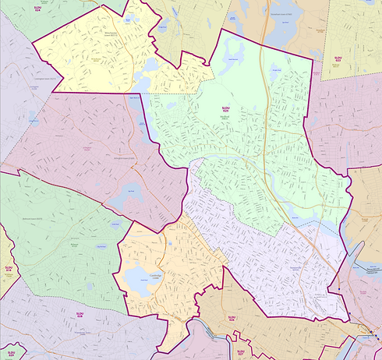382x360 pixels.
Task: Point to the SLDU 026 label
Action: point(231,317)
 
